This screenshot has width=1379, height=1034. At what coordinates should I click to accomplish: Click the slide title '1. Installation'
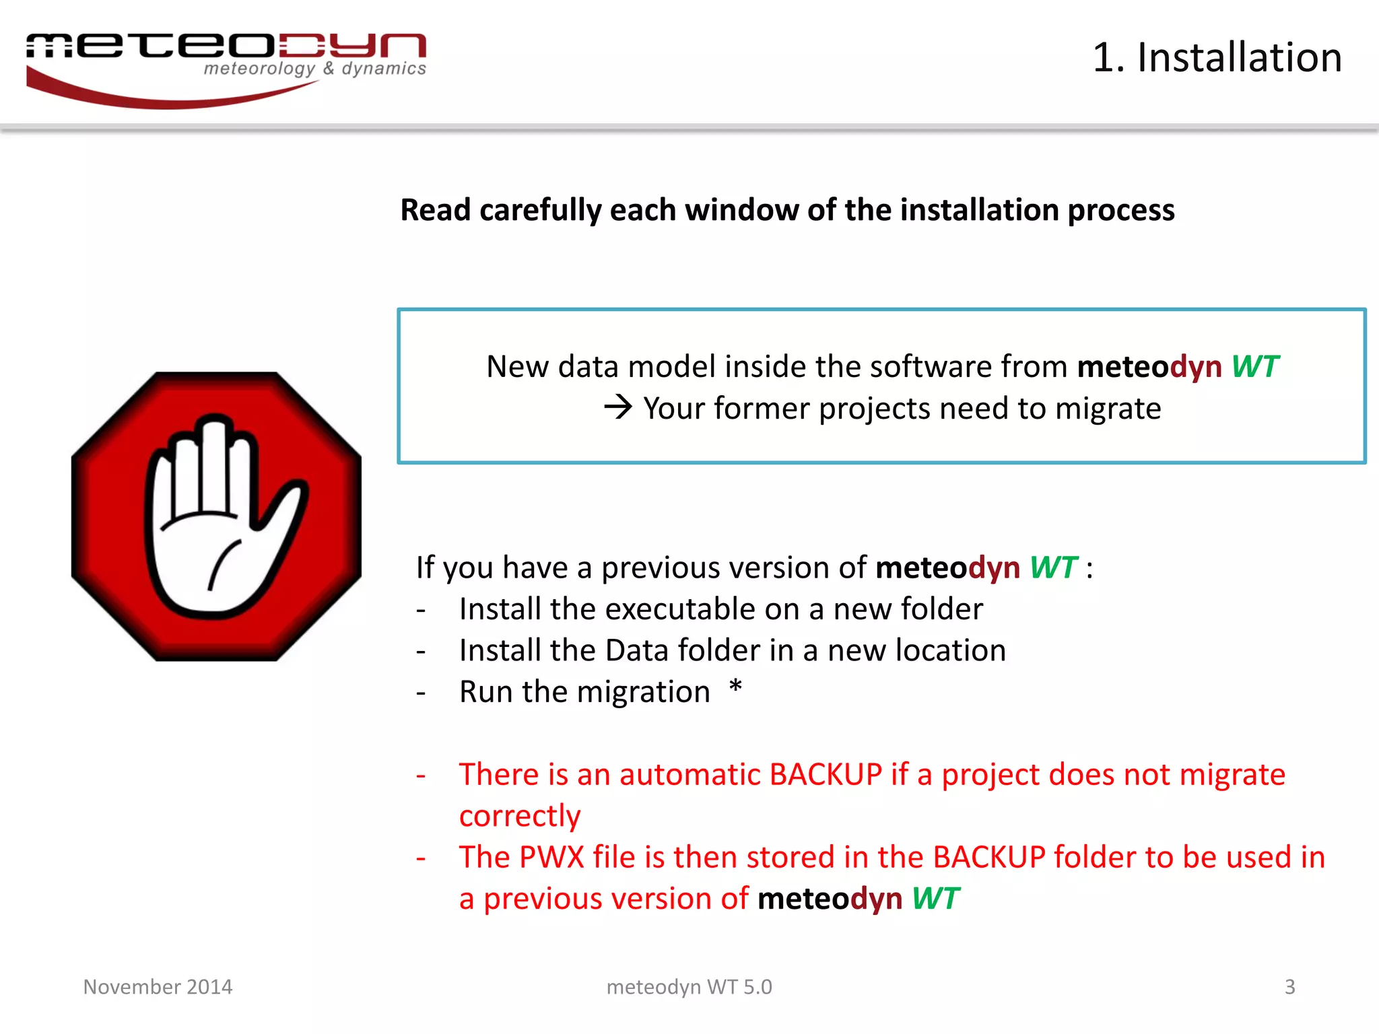(x=1217, y=57)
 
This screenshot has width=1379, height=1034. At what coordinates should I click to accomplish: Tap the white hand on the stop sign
(x=215, y=518)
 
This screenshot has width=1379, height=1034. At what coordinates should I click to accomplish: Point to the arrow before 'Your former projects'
(x=618, y=407)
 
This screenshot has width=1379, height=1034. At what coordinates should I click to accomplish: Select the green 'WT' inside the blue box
(x=1254, y=367)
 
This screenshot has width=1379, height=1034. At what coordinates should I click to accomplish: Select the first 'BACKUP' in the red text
(x=825, y=775)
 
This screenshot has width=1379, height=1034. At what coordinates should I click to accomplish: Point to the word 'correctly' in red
(x=519, y=817)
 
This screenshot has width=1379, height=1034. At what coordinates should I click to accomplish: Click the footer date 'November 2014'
(x=158, y=987)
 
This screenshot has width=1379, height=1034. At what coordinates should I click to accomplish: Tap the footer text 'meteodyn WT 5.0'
(x=689, y=987)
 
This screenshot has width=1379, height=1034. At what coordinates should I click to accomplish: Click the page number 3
(x=1289, y=987)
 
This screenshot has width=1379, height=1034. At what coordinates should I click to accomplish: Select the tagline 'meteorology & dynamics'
(x=314, y=69)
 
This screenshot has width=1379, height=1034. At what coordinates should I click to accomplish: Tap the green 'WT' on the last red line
(x=935, y=899)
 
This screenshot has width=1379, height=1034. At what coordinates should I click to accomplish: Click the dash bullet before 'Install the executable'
(x=422, y=611)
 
